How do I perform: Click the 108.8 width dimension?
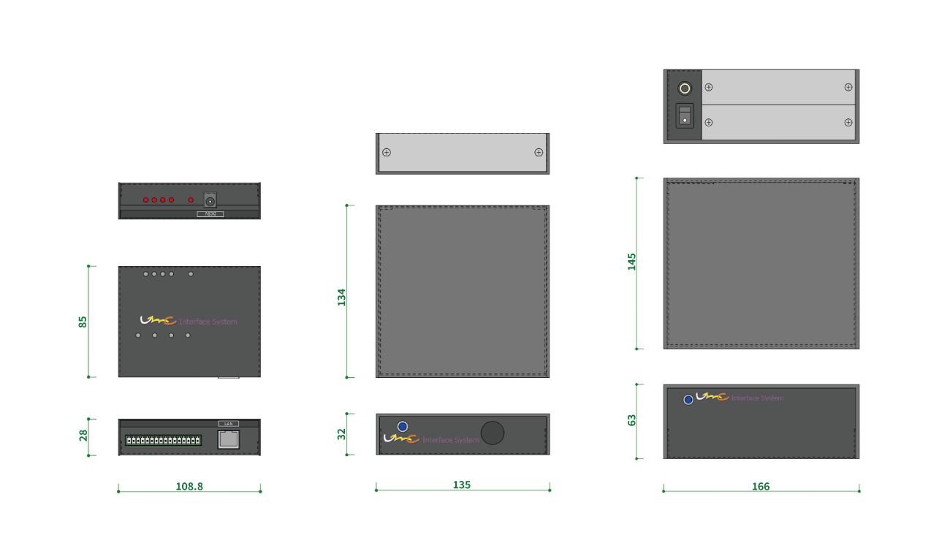point(189,486)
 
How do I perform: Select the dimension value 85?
point(83,322)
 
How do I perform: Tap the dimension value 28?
point(83,435)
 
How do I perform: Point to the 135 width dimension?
point(462,485)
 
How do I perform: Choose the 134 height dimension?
point(341,297)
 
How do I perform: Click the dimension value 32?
point(341,434)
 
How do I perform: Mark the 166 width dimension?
point(761,487)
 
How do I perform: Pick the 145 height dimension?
point(632,262)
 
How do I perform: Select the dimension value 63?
point(632,420)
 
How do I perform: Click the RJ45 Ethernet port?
point(229,438)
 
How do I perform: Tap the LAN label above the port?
point(228,424)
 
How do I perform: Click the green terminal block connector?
point(163,440)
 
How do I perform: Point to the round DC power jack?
point(210,200)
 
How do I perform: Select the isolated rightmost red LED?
point(191,200)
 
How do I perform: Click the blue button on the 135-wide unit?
point(403,426)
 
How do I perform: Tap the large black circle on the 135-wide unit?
point(493,433)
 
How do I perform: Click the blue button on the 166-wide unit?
point(688,400)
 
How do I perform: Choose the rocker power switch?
point(685,115)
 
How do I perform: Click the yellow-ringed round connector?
point(685,88)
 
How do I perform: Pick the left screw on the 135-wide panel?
point(387,152)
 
